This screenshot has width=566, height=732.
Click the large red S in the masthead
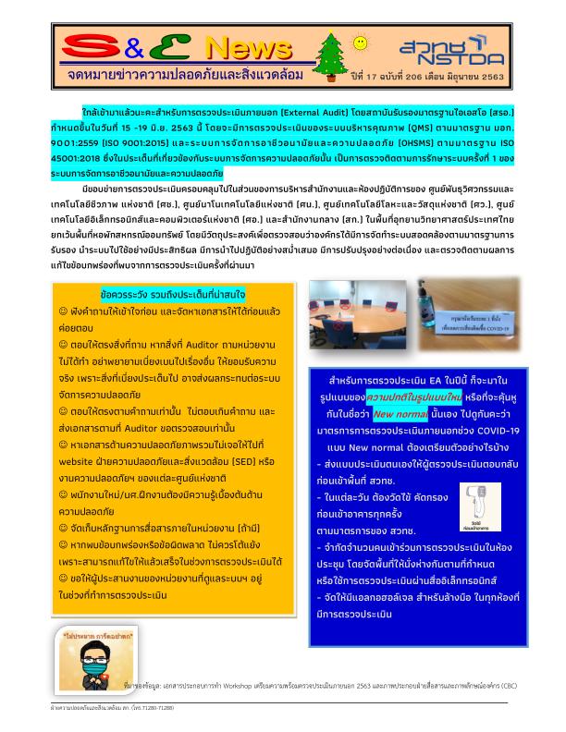click(91, 47)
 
